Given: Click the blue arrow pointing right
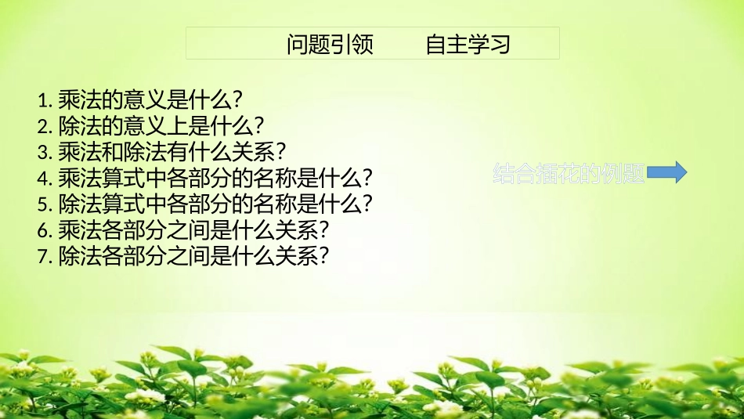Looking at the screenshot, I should (668, 172).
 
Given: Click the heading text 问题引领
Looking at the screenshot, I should (330, 44).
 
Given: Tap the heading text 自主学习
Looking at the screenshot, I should (468, 44).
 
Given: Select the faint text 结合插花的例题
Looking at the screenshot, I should (569, 174).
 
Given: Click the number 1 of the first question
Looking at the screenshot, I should (42, 100).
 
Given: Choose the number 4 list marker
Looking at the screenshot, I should (42, 178).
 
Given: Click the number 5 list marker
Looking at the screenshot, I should (42, 204).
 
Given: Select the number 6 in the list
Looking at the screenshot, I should (42, 230).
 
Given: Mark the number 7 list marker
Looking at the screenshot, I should (42, 256).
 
